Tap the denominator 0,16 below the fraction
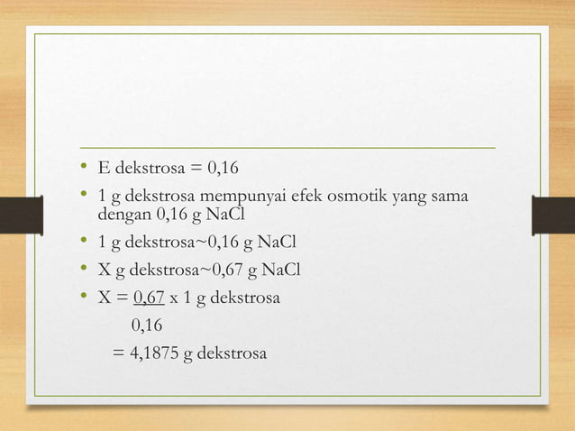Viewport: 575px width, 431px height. click(x=148, y=325)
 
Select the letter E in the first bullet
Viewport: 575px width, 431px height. click(x=102, y=169)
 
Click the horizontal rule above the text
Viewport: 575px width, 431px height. click(x=287, y=146)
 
